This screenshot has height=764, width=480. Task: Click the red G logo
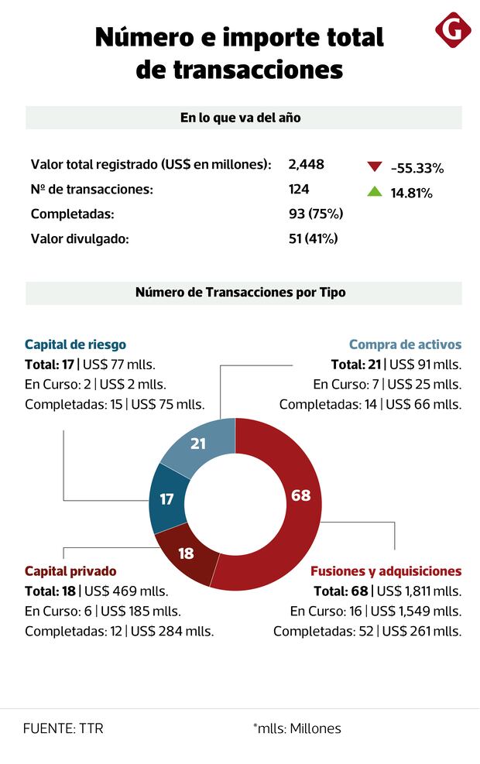tap(453, 32)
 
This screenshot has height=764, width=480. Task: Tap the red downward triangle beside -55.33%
tap(375, 166)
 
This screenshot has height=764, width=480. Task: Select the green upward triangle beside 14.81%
tap(375, 191)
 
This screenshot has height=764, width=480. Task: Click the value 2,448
tap(306, 164)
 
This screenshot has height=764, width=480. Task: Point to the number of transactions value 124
tap(299, 189)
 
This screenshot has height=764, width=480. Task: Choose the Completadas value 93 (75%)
tap(315, 214)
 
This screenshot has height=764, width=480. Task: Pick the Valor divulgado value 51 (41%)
tap(313, 238)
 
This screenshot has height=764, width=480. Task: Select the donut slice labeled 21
tap(198, 444)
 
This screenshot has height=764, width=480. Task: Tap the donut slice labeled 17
tap(167, 499)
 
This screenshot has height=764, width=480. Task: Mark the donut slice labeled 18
tap(187, 553)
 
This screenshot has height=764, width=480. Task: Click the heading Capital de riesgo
tap(75, 344)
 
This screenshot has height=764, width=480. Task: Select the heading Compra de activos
tap(405, 344)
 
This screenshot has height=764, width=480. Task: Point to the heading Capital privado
tap(70, 571)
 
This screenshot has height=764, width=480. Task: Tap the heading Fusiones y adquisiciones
tap(386, 571)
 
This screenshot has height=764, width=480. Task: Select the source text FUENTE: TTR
tap(63, 728)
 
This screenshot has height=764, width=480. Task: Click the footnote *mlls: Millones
tap(297, 728)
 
